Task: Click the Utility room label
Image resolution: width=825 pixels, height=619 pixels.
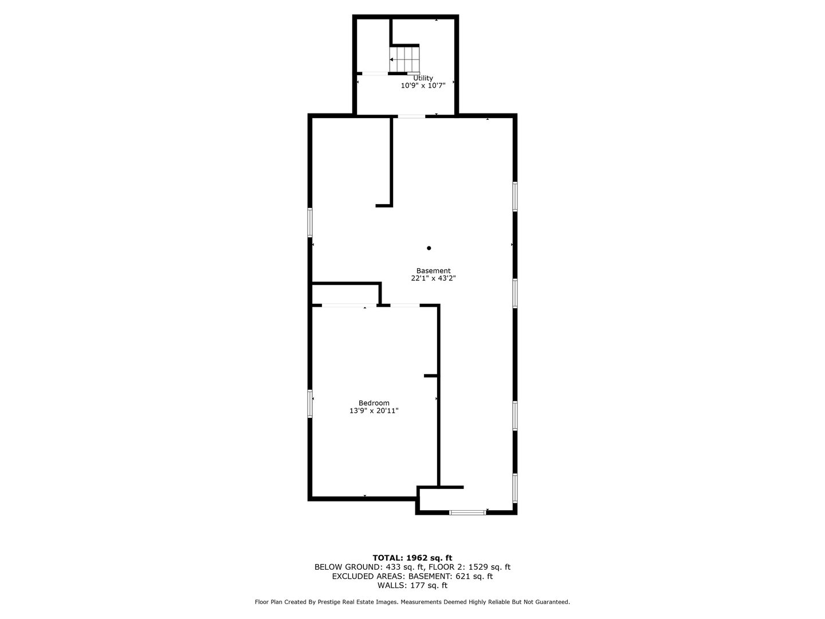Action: (x=423, y=78)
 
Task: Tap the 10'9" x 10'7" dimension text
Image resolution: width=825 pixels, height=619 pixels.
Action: (x=423, y=85)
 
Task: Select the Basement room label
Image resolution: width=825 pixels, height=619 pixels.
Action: (x=433, y=271)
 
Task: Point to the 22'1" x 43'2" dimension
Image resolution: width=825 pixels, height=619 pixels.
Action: (x=433, y=278)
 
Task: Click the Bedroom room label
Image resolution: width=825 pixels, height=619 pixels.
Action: (x=374, y=403)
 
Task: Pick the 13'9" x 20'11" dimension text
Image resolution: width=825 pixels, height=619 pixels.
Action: (x=374, y=410)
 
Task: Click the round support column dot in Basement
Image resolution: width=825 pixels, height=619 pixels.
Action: (x=429, y=248)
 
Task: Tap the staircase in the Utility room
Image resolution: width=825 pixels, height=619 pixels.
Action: (x=404, y=60)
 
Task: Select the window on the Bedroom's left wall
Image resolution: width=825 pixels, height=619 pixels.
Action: (x=310, y=403)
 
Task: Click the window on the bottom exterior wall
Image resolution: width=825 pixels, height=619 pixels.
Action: (x=467, y=512)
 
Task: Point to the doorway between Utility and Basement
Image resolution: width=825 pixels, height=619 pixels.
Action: (x=412, y=116)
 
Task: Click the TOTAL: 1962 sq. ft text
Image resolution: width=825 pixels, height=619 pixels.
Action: (x=412, y=557)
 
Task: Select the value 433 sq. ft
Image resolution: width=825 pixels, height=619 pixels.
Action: (x=388, y=567)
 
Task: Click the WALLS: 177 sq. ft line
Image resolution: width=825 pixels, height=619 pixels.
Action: (x=412, y=585)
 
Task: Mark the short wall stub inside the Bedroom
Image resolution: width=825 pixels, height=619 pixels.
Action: (x=431, y=375)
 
